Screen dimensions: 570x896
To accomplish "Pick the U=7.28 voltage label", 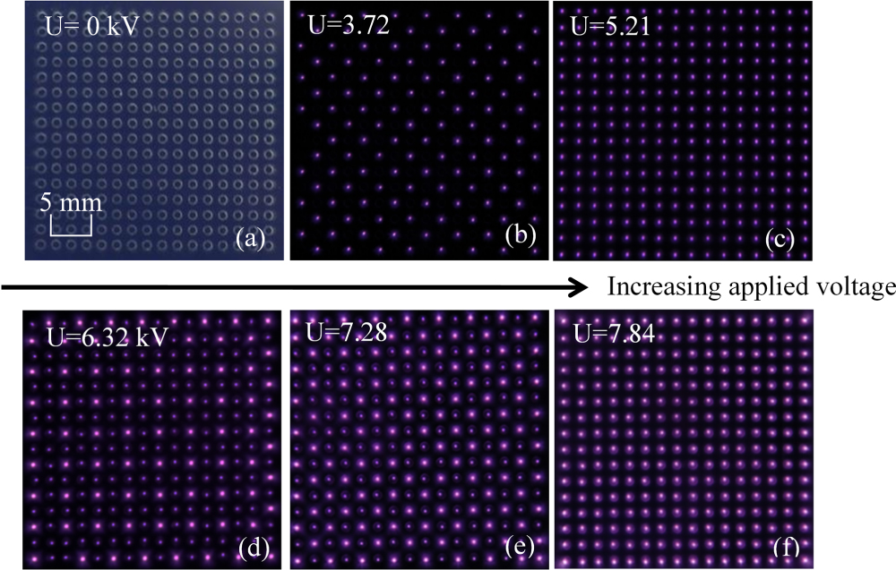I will (x=336, y=334).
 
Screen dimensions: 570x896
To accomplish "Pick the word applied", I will (x=757, y=287).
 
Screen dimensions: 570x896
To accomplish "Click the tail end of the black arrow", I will (x=4, y=287).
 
